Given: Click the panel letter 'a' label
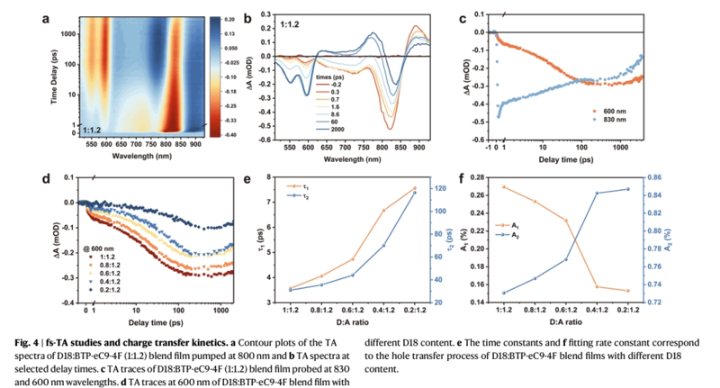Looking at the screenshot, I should point(45,15).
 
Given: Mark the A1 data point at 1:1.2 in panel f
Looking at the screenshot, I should point(503,187).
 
